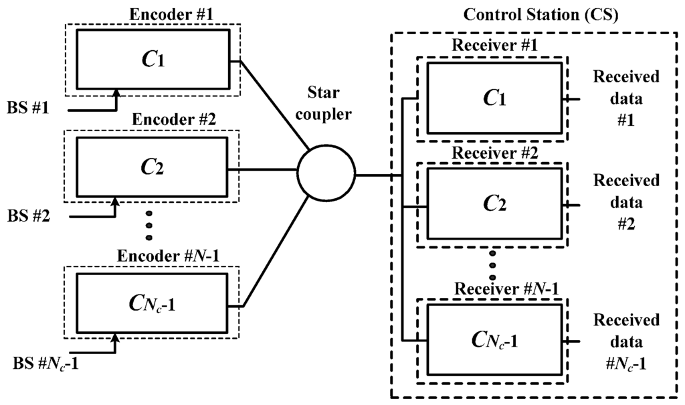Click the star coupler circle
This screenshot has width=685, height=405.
click(x=326, y=176)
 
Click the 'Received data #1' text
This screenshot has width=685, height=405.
click(x=626, y=98)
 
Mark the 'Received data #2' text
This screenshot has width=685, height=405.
click(x=626, y=201)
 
